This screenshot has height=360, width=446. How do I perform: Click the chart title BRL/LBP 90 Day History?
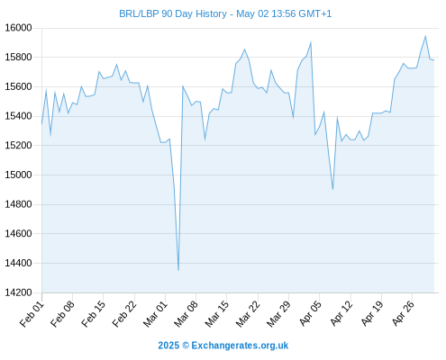pos(173,13)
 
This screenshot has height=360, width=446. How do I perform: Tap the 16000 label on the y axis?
pos(18,28)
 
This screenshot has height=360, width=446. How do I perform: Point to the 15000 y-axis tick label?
pos(18,175)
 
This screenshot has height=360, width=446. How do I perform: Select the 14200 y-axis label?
pos(18,292)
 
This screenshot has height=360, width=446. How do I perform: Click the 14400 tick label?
pos(18,263)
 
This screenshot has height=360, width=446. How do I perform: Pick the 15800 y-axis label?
pos(18,57)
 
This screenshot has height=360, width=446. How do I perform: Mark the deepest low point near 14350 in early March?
pos(178,270)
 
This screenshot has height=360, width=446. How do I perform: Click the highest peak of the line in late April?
pos(425,36)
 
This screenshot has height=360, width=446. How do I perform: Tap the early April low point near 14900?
pos(332,189)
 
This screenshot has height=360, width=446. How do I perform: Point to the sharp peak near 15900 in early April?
pos(311,42)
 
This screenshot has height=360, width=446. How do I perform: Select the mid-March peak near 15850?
pos(244,49)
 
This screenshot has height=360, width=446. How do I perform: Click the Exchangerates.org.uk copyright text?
pos(223,346)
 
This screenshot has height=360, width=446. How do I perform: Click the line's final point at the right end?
pos(434,60)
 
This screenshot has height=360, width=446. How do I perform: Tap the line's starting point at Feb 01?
pos(41,123)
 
